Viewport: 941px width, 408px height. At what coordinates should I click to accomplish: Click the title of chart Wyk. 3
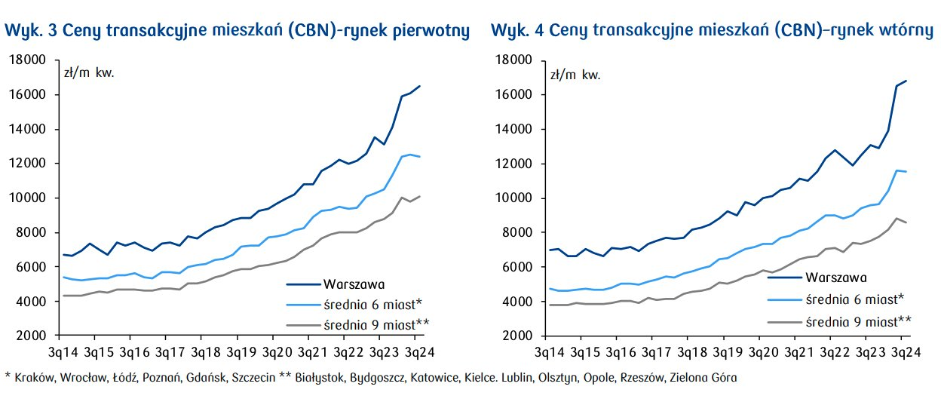(x=238, y=31)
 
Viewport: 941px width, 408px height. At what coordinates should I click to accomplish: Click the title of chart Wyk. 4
(x=713, y=31)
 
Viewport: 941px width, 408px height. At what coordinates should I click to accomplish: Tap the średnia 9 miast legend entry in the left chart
(x=375, y=324)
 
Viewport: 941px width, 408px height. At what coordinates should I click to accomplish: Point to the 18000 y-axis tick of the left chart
(x=27, y=60)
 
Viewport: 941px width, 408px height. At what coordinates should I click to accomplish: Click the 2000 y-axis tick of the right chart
(x=516, y=336)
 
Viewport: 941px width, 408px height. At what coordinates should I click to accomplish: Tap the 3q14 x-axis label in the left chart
(x=60, y=352)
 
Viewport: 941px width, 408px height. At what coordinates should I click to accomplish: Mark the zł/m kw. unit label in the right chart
(x=575, y=75)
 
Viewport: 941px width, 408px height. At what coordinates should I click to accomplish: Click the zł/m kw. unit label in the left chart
(x=88, y=73)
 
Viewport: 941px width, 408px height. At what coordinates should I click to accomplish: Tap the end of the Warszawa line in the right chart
(x=906, y=81)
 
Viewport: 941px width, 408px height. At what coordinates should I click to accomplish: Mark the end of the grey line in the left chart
(x=420, y=196)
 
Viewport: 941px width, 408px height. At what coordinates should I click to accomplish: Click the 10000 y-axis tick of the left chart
(x=27, y=198)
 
